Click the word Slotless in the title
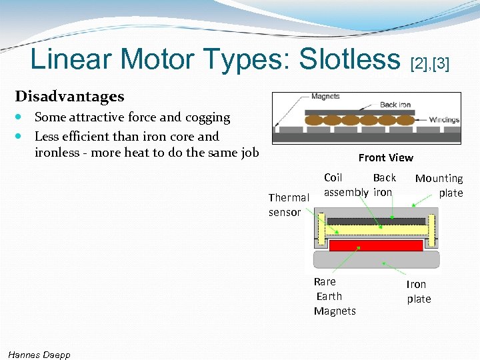coord(349,59)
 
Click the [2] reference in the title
coord(419,64)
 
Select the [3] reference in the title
coord(441,64)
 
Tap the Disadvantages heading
coord(69,97)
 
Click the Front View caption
coord(385,158)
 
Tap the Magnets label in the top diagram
coord(325,97)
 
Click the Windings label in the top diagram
coord(444,120)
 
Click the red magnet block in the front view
coord(376,245)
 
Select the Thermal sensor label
coord(288,205)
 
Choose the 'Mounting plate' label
coord(439,185)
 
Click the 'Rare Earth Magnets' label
coord(334,296)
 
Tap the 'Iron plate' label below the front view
coord(418,291)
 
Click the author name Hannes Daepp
coord(39,354)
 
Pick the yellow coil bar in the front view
coord(376,231)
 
